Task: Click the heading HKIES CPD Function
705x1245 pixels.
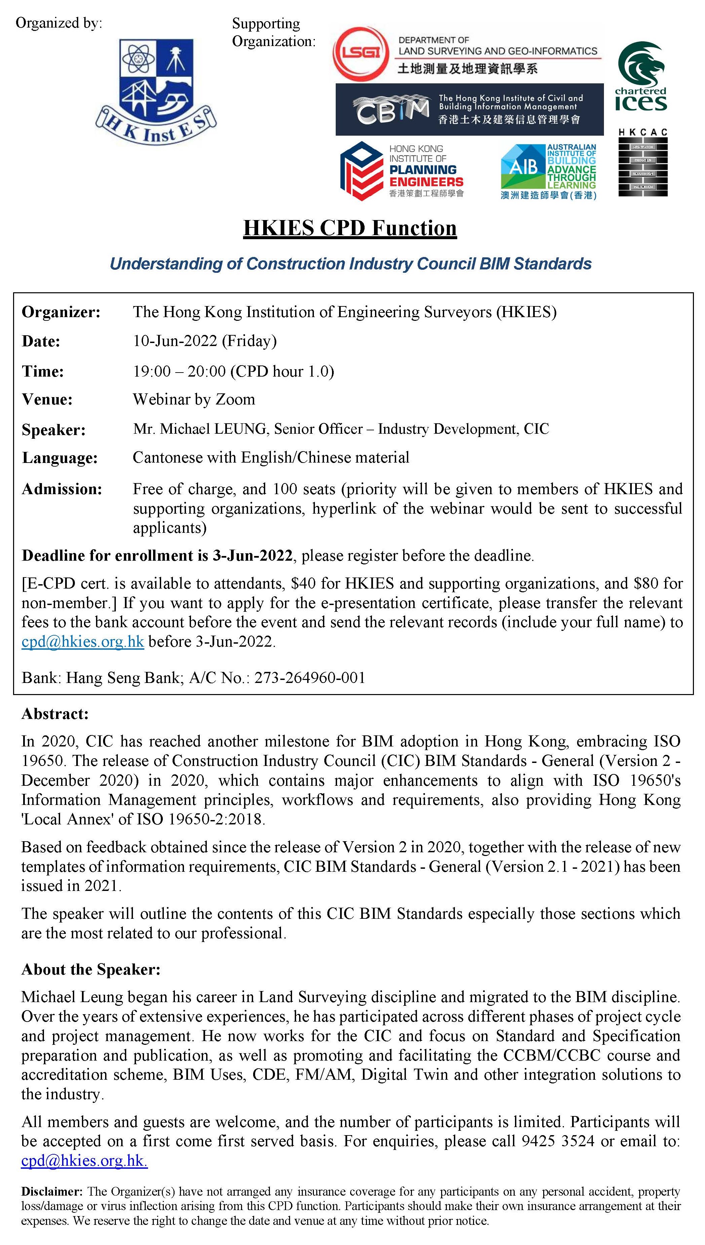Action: pyautogui.click(x=349, y=228)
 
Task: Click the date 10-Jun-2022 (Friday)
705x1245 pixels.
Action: pyautogui.click(x=205, y=341)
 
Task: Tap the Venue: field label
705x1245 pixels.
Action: pyautogui.click(x=47, y=400)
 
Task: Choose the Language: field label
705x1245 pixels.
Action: pyautogui.click(x=59, y=458)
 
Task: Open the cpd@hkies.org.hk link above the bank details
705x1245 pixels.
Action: pyautogui.click(x=83, y=641)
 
